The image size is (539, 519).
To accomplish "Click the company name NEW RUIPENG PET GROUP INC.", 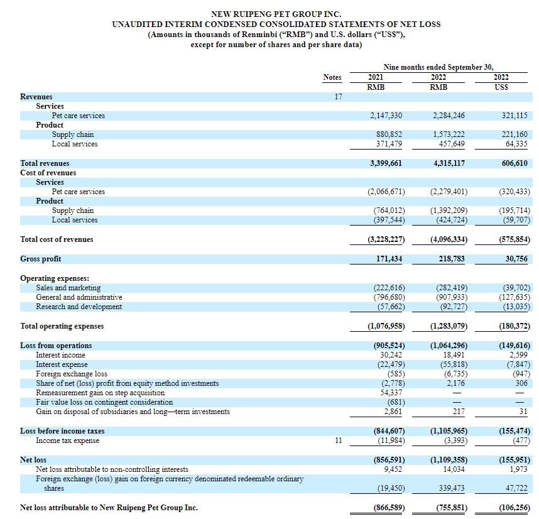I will [x=276, y=14].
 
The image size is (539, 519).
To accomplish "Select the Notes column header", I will [x=332, y=77].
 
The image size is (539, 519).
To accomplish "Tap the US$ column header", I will [x=501, y=87].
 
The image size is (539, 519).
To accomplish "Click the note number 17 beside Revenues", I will [x=337, y=97].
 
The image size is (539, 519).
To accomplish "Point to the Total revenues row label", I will [x=45, y=163].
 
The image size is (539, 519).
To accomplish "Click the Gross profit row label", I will [x=41, y=259].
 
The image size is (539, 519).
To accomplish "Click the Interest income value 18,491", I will [x=452, y=355].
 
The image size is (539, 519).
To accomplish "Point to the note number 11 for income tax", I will [x=338, y=440].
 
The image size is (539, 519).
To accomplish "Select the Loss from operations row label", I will [x=56, y=346].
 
